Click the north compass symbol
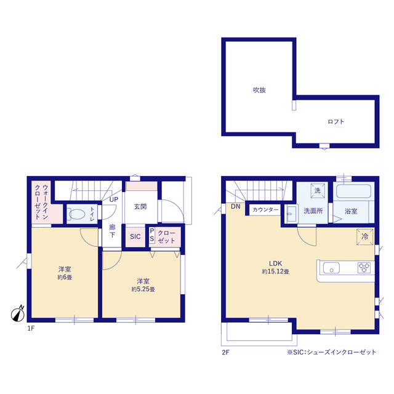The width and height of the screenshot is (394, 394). [x=18, y=314]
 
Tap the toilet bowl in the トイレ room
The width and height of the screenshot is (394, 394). [x=77, y=214]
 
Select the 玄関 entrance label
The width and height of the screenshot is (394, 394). [x=140, y=207]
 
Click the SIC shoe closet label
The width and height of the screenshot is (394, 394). [x=135, y=236]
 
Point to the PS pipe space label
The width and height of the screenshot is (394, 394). [x=152, y=235]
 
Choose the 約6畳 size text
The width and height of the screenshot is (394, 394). [x=65, y=278]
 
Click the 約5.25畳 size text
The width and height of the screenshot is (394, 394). [x=143, y=289]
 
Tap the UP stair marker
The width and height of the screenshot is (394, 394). [x=114, y=199]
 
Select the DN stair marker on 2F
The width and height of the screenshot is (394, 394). [x=236, y=206]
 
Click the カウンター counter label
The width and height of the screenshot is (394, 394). [x=265, y=210]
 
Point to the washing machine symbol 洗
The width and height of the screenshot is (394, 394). [x=318, y=191]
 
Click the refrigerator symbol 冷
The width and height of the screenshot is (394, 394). [x=364, y=236]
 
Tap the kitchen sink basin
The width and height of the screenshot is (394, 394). [x=331, y=268]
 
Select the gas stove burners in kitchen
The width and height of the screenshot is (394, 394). [x=364, y=268]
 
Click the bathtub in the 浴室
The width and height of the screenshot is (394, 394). [x=353, y=191]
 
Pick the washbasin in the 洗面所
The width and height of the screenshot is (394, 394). [x=291, y=214]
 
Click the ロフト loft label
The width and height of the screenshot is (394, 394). [x=336, y=122]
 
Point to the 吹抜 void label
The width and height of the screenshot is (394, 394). [x=259, y=90]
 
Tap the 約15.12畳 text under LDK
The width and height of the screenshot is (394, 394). [x=275, y=271]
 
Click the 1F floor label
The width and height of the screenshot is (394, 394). [x=31, y=328]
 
